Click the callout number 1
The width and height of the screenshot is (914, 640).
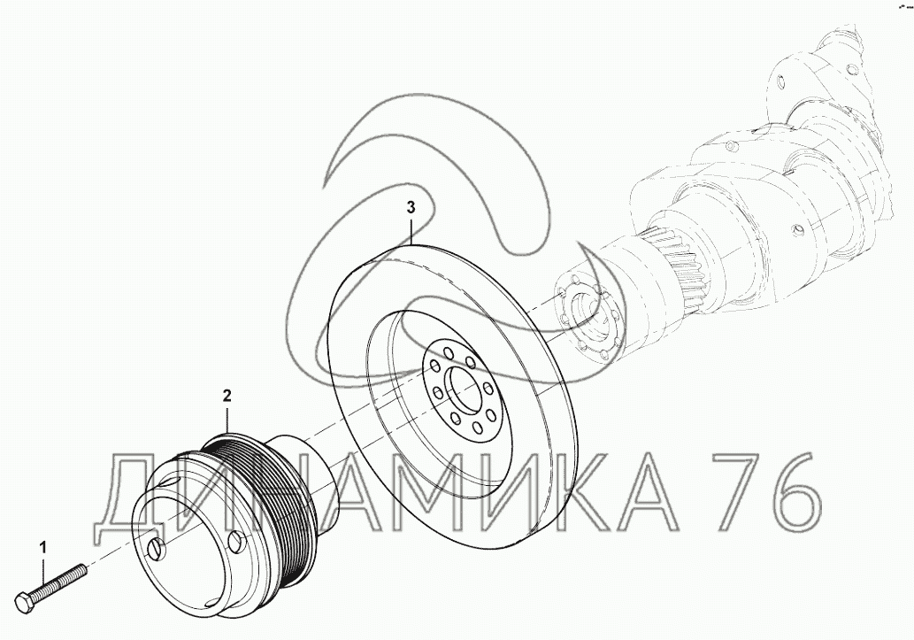tap(42, 547)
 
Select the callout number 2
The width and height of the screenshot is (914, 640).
tap(227, 396)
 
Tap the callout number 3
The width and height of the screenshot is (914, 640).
tap(411, 207)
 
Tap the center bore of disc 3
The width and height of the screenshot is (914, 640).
tap(465, 389)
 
